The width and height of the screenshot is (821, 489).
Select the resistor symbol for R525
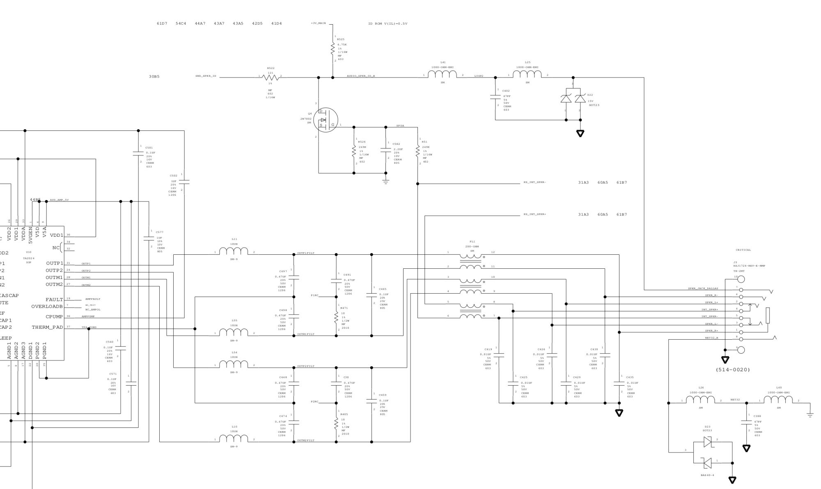[333, 49]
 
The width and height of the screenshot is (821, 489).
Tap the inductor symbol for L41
[442, 74]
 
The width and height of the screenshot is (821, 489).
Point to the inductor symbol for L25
[527, 74]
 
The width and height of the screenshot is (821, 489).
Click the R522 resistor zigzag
[271, 77]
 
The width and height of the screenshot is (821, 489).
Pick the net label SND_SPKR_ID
[206, 76]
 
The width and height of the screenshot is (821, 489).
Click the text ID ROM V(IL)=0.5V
[388, 24]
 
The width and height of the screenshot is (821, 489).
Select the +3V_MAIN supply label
[318, 23]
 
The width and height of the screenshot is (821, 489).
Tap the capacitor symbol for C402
[495, 97]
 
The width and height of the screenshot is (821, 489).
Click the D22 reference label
[590, 95]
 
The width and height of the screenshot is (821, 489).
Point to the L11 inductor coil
[234, 251]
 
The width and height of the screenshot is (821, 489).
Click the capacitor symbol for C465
[372, 295]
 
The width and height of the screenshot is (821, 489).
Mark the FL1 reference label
[472, 242]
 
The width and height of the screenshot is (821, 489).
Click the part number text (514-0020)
[733, 370]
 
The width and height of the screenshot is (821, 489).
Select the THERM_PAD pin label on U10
[48, 327]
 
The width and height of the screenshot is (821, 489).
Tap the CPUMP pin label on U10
[54, 317]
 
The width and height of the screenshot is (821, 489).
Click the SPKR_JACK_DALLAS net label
[703, 288]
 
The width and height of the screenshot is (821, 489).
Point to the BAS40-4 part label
[707, 475]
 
